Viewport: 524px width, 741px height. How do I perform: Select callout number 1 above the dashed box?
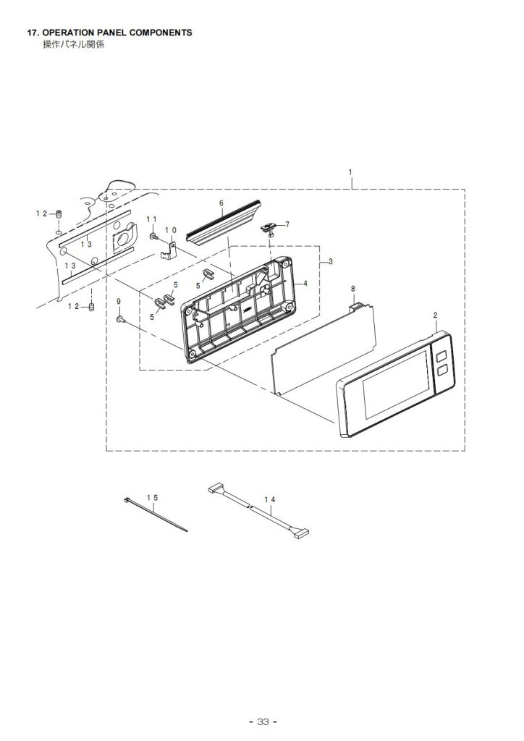[x=350, y=172]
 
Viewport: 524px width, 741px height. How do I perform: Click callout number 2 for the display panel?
[x=435, y=316]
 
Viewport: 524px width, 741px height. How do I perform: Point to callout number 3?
[x=331, y=261]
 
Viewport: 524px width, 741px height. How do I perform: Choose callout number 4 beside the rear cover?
[x=305, y=284]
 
